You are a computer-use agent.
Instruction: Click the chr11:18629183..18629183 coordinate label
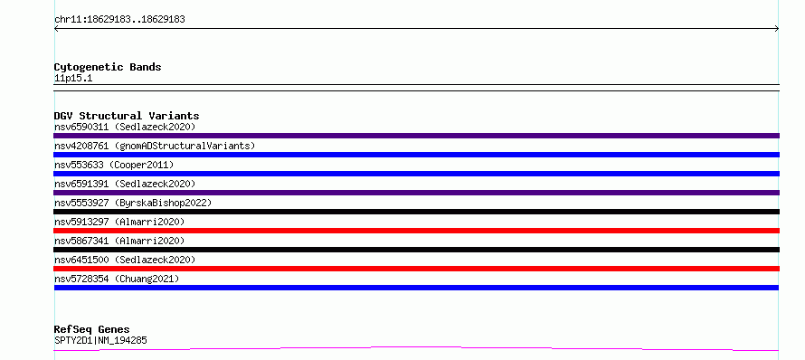[119, 20]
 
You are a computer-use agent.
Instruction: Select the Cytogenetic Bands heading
[108, 67]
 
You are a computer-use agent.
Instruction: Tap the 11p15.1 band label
[73, 79]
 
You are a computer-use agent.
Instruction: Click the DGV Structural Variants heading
[127, 116]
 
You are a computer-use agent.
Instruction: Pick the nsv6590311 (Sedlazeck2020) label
[125, 127]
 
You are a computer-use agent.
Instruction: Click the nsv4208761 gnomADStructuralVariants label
[155, 146]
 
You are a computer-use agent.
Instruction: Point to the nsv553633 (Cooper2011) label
[114, 165]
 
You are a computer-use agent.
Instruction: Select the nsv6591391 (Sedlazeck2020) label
[125, 184]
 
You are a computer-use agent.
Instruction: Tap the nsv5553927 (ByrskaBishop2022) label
[133, 203]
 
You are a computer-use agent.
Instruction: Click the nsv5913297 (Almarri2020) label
[119, 222]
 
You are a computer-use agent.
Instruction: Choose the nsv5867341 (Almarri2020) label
[119, 241]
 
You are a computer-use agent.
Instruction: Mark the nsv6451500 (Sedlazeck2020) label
[125, 260]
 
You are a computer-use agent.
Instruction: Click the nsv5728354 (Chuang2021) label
[117, 279]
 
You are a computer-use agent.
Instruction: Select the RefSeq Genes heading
[91, 329]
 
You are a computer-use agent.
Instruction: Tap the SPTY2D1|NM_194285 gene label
[100, 340]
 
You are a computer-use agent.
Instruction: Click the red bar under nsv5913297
[416, 231]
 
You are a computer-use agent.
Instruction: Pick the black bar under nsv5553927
[416, 212]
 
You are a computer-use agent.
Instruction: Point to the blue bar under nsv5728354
[416, 288]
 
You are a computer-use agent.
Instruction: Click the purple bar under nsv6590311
[416, 136]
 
